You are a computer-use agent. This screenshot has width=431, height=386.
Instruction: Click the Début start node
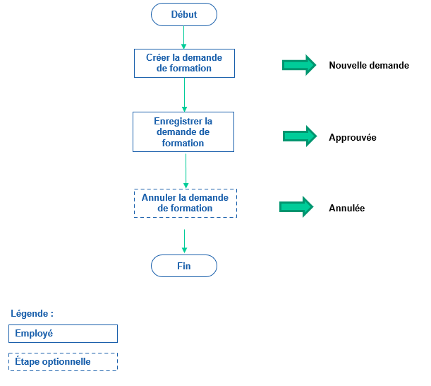184,14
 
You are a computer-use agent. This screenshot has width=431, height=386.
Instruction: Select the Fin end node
184,266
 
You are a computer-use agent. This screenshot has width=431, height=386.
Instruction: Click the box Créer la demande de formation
184,63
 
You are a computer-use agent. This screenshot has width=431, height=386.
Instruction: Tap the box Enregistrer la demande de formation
183,131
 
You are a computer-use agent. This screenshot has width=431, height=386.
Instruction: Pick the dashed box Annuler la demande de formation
185,203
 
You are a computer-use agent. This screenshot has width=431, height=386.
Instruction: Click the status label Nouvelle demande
368,66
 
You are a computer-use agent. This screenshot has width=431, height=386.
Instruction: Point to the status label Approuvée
352,137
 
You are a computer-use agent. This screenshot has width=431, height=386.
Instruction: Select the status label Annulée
346,208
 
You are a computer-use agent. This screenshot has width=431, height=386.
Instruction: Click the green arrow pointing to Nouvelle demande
299,65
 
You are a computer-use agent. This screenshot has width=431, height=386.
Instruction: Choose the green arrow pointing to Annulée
296,206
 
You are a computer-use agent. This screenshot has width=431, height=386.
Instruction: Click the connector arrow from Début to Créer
184,37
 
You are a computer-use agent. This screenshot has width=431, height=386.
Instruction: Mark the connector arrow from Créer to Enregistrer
184,94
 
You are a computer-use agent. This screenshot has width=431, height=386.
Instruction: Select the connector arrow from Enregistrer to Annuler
186,170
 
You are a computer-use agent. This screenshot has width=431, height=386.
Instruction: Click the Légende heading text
32,313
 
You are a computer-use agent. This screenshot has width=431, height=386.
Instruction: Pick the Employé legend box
63,334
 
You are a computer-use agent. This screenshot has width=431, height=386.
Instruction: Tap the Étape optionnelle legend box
63,362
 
